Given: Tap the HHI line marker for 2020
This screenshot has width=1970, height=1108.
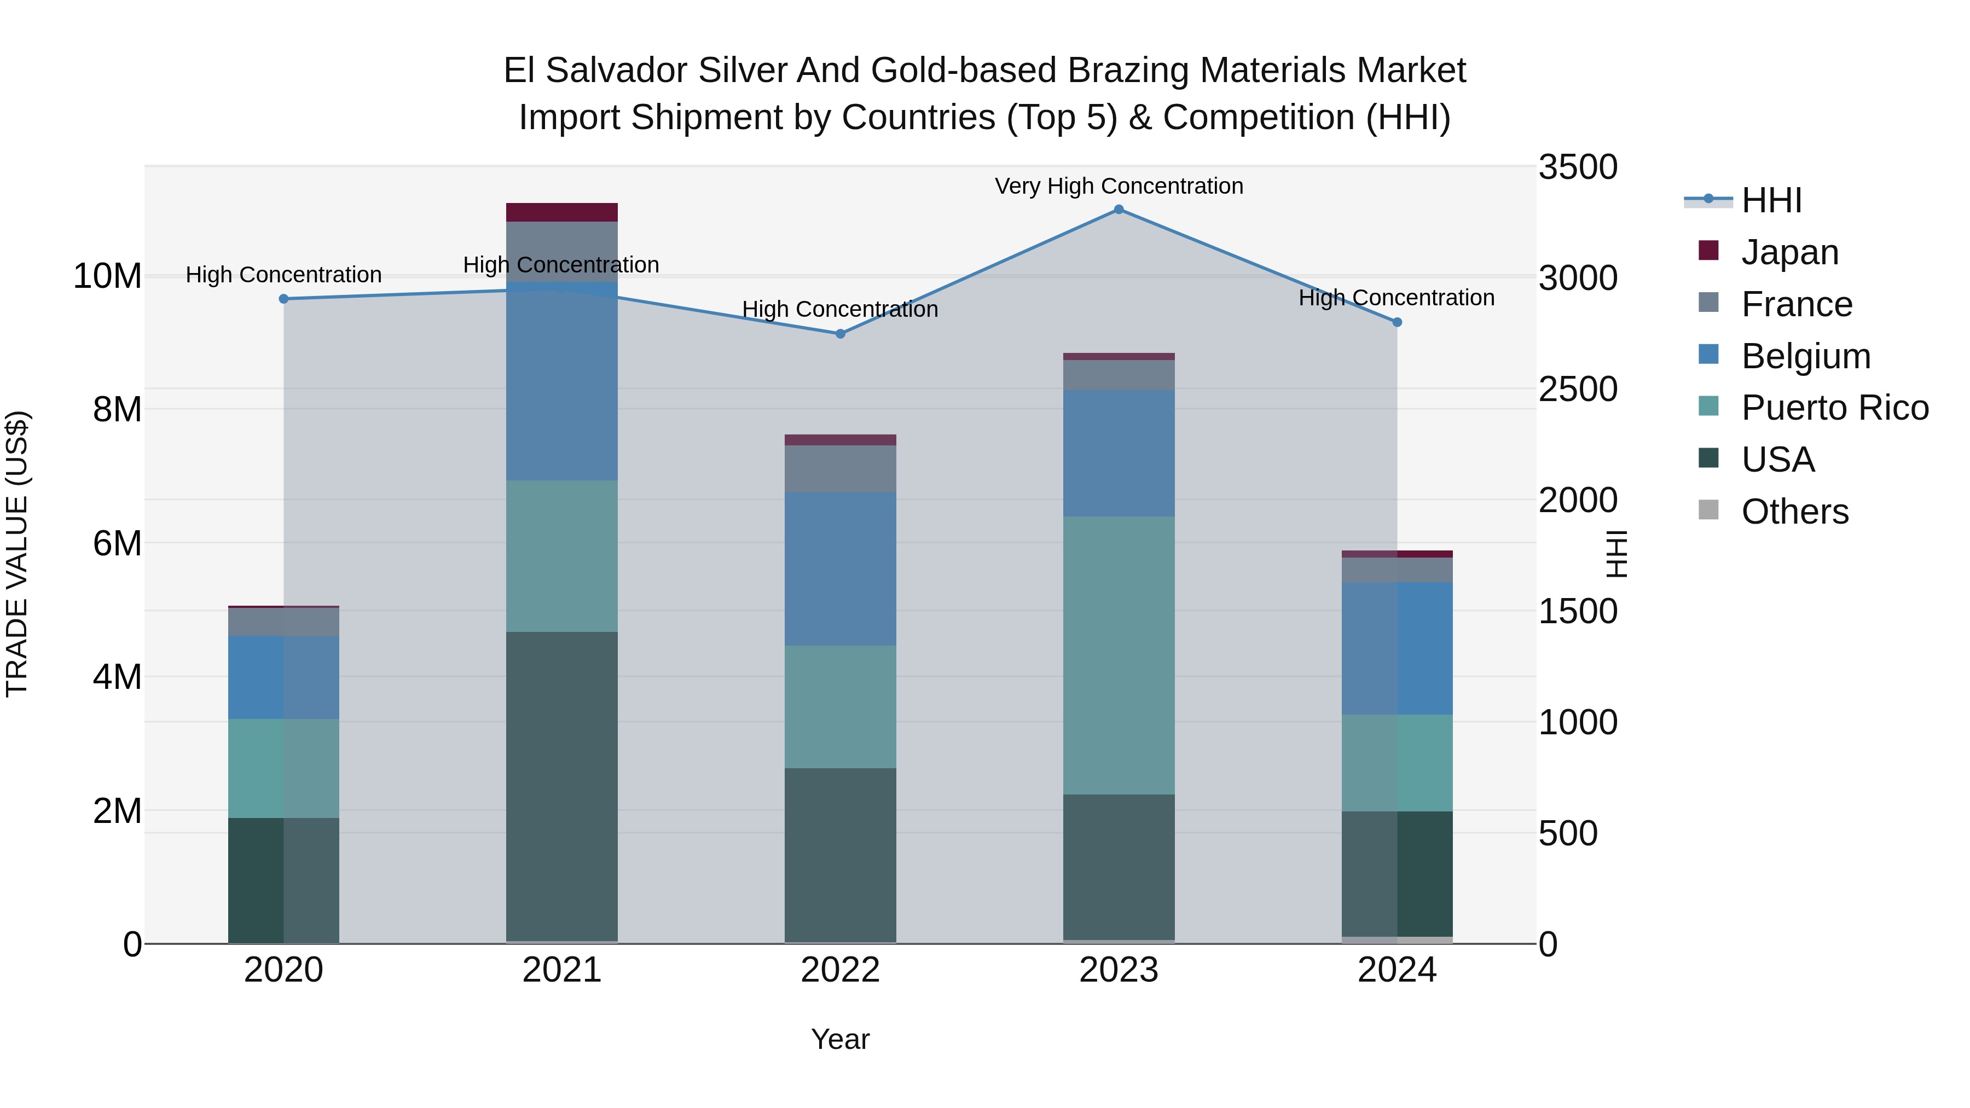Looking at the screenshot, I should pyautogui.click(x=283, y=299).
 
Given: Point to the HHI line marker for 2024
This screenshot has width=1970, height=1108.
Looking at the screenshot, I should pyautogui.click(x=1397, y=323).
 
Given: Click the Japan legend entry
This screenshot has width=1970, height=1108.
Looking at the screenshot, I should pyautogui.click(x=1789, y=252).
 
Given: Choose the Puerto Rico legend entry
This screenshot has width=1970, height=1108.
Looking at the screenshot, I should pyautogui.click(x=1834, y=408).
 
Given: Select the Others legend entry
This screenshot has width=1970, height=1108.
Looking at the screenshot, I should pyautogui.click(x=1794, y=512).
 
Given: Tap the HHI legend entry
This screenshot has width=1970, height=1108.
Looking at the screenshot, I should pyautogui.click(x=1771, y=200).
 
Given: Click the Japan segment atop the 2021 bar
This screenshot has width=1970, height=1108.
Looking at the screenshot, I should pyautogui.click(x=561, y=213).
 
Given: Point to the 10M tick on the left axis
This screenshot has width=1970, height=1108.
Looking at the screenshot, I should pyautogui.click(x=107, y=276).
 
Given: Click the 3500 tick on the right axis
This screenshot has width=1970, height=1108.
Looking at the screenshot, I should pyautogui.click(x=1577, y=167).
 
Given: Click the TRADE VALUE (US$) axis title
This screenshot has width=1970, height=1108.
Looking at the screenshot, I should pyautogui.click(x=17, y=554).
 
